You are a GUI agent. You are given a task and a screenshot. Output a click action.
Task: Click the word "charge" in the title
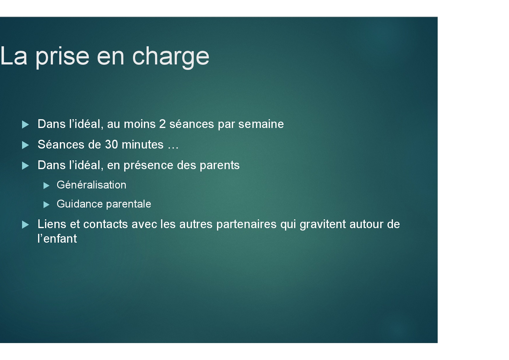[x=170, y=57]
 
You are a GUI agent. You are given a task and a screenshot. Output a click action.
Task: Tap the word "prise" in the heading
[x=62, y=57]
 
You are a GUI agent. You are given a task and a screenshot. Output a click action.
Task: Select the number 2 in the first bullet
[x=163, y=124]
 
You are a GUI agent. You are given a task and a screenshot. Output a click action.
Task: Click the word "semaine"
[x=261, y=124]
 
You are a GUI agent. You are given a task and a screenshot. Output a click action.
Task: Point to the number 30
[x=111, y=145]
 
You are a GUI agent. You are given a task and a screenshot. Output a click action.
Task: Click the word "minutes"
[x=142, y=145]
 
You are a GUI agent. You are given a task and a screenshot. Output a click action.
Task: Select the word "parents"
[x=219, y=165]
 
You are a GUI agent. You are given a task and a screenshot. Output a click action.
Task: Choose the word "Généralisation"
[x=91, y=185]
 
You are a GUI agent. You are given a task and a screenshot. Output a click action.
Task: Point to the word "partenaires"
[x=246, y=225]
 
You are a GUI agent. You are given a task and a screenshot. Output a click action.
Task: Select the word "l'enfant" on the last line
[x=57, y=239]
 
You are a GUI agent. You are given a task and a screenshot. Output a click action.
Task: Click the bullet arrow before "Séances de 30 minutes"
[x=25, y=145]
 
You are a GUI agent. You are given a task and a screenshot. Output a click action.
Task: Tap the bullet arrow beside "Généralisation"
[x=46, y=185]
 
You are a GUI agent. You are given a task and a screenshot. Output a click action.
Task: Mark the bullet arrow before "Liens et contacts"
[x=25, y=225]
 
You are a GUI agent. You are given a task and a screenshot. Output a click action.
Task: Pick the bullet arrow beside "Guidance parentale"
[x=46, y=205]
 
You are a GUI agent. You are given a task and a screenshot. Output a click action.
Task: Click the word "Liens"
[x=52, y=224]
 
